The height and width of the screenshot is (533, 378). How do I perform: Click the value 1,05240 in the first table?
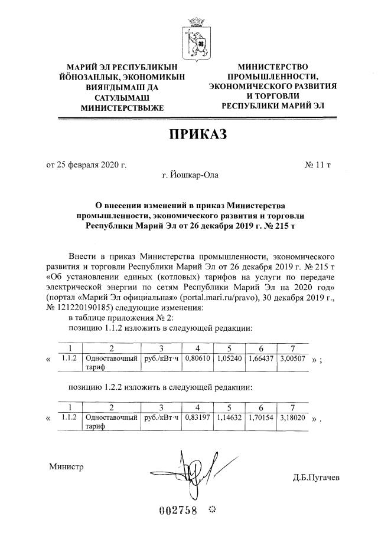click(229, 357)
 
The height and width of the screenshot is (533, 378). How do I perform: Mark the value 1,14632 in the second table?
click(229, 417)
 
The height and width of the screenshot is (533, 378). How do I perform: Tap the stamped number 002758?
click(177, 510)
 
